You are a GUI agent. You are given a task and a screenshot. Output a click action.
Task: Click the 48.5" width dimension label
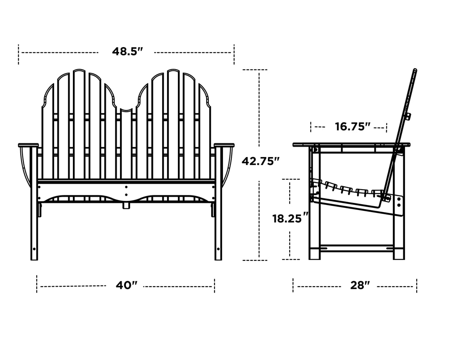pyautogui.click(x=127, y=52)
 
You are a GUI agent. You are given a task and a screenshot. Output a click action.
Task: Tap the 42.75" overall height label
pyautogui.click(x=261, y=161)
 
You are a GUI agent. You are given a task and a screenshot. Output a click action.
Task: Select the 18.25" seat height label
pyautogui.click(x=290, y=218)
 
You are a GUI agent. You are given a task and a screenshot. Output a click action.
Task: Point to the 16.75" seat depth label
pyautogui.click(x=353, y=126)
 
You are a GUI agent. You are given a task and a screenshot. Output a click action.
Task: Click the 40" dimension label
pyautogui.click(x=126, y=285)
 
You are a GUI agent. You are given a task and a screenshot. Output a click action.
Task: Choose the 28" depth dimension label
pyautogui.click(x=360, y=285)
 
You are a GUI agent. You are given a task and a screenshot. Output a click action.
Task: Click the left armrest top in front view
pyautogui.click(x=28, y=145)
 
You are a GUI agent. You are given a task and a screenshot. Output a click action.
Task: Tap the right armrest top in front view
pyautogui.click(x=224, y=145)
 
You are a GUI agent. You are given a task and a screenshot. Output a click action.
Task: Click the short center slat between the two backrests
pyautogui.click(x=126, y=142)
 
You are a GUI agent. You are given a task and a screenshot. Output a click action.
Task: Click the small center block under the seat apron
pyautogui.click(x=126, y=205)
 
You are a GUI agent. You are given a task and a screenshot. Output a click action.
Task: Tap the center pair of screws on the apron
pyautogui.click(x=126, y=191)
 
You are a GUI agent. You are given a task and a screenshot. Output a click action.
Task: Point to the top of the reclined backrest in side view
pyautogui.click(x=415, y=71)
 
